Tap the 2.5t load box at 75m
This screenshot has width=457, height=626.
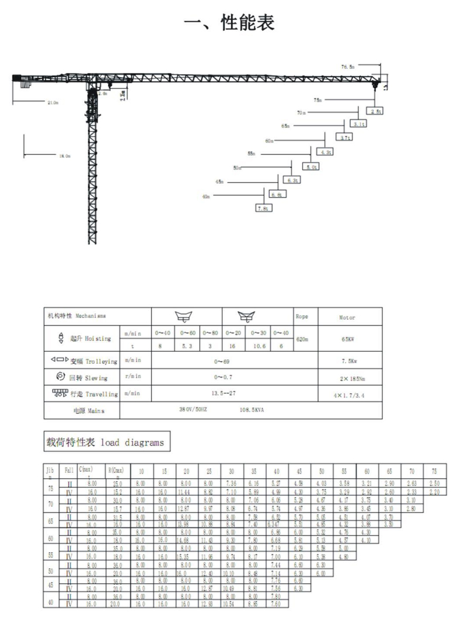coord(376,111)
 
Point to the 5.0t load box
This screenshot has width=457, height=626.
coord(311,167)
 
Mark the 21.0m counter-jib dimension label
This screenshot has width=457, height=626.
coord(52,102)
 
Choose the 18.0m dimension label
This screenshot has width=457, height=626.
coord(65,155)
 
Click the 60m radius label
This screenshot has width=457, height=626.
coord(269,141)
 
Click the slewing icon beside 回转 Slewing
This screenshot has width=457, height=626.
coord(61,377)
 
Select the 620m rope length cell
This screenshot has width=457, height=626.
coord(303,339)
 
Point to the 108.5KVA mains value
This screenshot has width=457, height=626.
coord(252,410)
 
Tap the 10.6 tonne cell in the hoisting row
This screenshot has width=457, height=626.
coord(259,346)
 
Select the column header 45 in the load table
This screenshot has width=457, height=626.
coord(299,472)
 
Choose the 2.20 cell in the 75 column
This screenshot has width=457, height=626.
coord(434,491)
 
